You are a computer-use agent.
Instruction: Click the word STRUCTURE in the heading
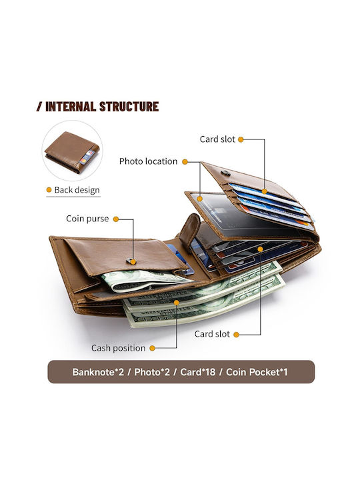pos(129,107)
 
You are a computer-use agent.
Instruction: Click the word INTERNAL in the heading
pos(71,107)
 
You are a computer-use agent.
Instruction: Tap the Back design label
pos(77,190)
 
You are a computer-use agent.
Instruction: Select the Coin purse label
pos(87,219)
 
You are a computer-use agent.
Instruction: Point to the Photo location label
pos(148,161)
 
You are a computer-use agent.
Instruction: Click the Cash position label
pos(118,348)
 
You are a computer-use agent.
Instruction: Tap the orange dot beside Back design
pos(49,190)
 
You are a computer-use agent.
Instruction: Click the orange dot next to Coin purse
pos(116,219)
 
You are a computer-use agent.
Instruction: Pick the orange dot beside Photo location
pos(185,161)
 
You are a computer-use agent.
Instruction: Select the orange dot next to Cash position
pos(152,348)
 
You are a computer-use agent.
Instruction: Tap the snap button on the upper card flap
pos(226,173)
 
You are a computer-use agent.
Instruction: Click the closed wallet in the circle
pos(72,152)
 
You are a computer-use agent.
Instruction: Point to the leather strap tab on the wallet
pos(189,229)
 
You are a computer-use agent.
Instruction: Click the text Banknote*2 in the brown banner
pos(98,372)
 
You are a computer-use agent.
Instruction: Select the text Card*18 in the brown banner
pos(198,372)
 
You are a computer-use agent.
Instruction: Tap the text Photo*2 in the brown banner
pos(152,372)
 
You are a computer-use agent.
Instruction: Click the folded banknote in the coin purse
pos(144,280)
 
